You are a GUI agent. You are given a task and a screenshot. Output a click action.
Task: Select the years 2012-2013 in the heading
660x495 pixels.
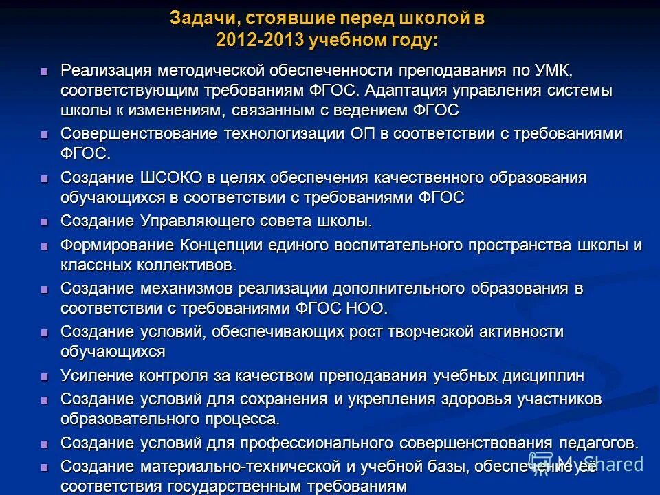261,40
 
